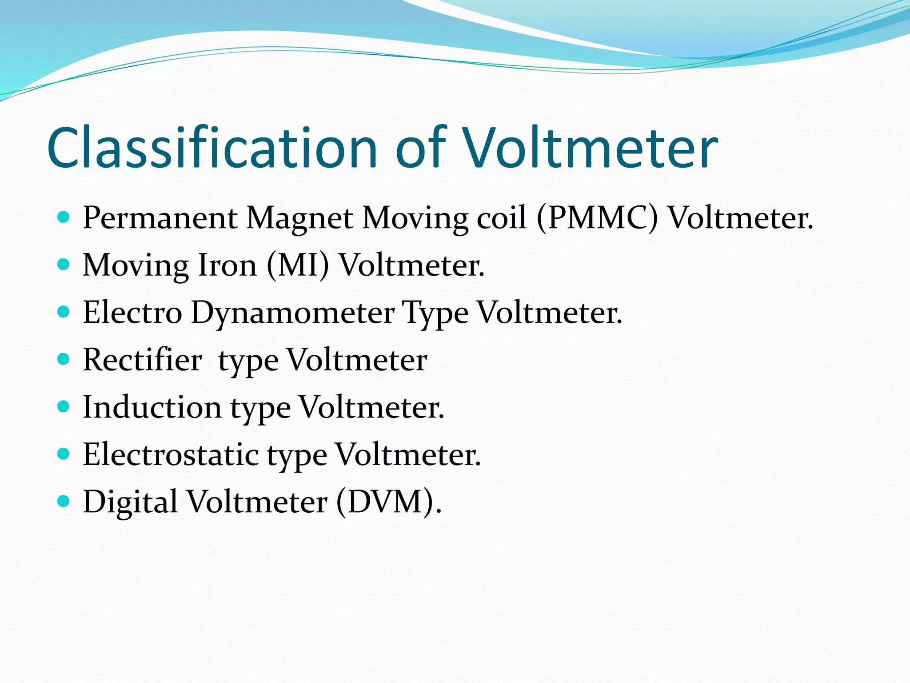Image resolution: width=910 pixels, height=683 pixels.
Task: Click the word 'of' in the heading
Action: point(420,148)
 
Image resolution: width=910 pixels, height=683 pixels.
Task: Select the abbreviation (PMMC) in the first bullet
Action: point(597,218)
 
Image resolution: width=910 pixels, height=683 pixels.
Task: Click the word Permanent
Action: point(160,218)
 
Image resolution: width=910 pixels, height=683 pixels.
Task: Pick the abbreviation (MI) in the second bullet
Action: point(298,265)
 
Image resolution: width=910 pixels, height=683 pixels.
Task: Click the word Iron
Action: point(227,265)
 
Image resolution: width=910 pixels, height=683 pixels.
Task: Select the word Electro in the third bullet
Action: point(132,313)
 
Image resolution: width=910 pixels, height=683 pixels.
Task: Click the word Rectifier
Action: point(142,360)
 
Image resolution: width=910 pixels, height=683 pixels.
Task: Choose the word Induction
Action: point(152,407)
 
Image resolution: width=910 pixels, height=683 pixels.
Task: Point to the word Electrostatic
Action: point(171,455)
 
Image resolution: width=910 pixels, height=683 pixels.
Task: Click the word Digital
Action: point(130,502)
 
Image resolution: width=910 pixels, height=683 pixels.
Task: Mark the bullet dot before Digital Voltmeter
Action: point(64,501)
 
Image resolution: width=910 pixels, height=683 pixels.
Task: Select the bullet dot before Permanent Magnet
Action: point(64,217)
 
